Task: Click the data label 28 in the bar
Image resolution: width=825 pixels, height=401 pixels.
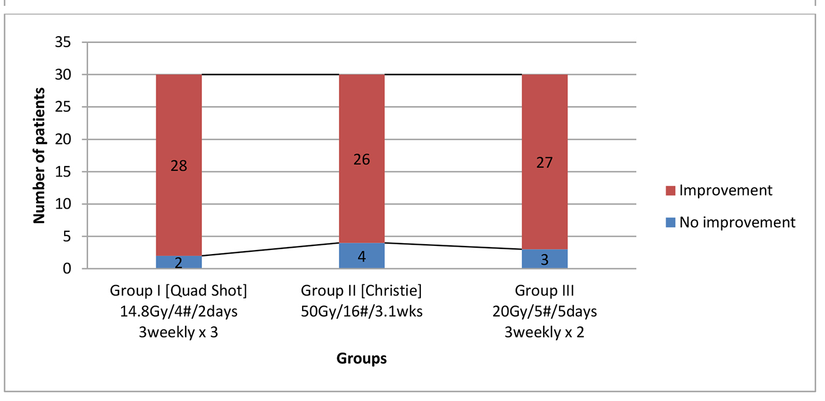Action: point(179,166)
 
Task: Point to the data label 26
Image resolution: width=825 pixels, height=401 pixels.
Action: point(362,159)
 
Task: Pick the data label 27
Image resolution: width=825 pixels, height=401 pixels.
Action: point(544,163)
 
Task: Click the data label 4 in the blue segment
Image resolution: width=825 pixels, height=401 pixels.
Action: point(362,256)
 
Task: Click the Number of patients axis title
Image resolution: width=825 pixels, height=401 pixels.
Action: point(40,156)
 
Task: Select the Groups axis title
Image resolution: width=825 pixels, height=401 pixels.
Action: point(362,358)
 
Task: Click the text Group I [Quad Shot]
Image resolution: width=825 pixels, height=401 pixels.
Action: point(182,290)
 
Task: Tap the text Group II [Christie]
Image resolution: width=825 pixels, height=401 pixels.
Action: point(362,290)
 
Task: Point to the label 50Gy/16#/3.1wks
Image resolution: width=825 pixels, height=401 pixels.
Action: point(362,311)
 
